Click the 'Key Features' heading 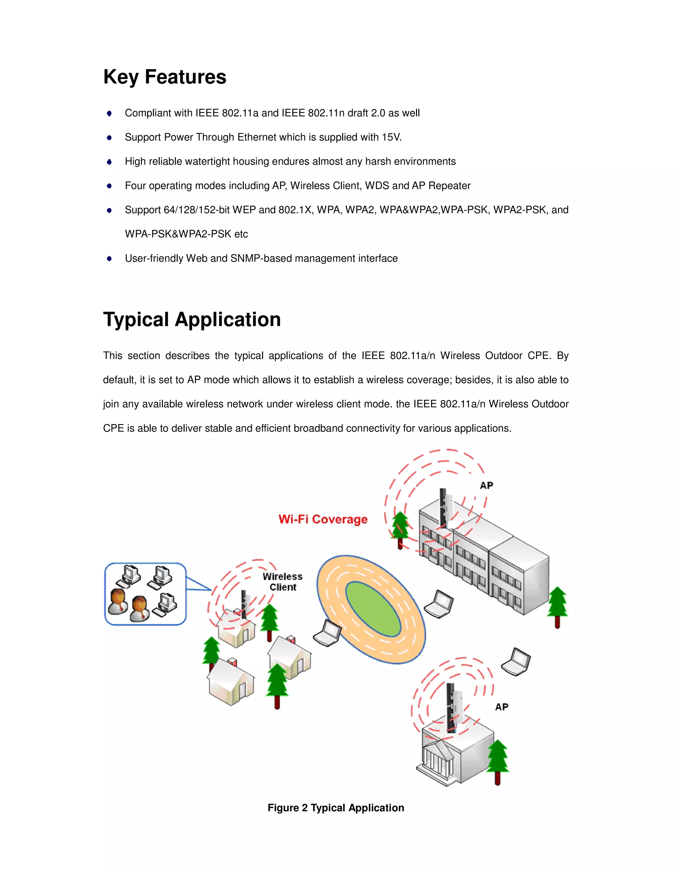click(x=165, y=77)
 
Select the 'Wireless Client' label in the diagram click(x=282, y=582)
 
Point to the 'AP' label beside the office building click(x=486, y=485)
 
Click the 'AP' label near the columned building click(x=502, y=707)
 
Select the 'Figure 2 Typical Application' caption click(x=336, y=808)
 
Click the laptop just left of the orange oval click(x=327, y=633)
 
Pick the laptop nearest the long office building click(x=438, y=604)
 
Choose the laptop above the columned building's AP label click(x=516, y=662)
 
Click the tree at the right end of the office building click(x=557, y=606)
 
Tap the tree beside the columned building click(x=498, y=760)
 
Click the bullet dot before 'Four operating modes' click(x=109, y=186)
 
